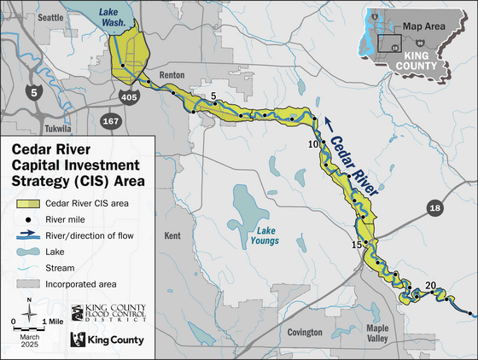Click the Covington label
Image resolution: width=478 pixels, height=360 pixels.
click(306, 332)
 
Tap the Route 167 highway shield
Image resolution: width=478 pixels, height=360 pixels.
click(109, 121)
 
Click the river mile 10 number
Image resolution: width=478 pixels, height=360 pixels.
click(313, 143)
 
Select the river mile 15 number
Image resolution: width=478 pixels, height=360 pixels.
click(357, 245)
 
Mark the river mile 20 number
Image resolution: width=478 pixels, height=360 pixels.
click(430, 285)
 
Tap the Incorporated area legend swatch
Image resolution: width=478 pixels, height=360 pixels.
click(29, 282)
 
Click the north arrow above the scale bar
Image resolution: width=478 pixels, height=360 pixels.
click(29, 304)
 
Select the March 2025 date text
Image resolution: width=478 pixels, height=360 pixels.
click(28, 340)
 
